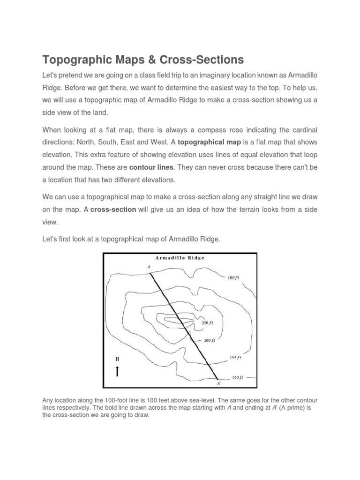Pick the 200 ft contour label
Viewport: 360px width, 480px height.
[x=209, y=340]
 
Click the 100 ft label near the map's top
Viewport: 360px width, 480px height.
[x=233, y=277]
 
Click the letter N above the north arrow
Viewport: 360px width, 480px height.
[x=117, y=359]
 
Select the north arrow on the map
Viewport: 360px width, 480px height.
[x=117, y=371]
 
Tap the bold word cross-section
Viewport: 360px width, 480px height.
[x=113, y=210]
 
